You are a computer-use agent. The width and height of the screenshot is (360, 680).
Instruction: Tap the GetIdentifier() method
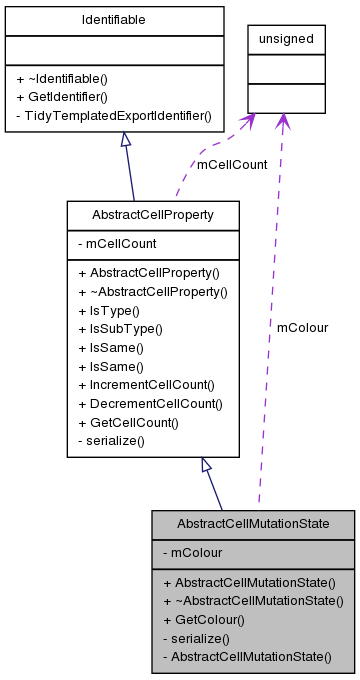click(x=64, y=96)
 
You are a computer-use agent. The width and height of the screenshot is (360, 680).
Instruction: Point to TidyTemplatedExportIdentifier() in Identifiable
click(x=114, y=115)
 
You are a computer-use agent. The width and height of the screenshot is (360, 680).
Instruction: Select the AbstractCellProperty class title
click(x=152, y=214)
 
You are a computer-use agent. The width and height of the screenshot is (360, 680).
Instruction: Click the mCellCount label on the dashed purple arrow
click(x=232, y=165)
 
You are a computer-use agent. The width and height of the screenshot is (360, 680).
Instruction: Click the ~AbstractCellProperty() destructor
click(x=153, y=291)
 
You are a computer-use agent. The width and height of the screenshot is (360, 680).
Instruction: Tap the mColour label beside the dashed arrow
click(x=302, y=327)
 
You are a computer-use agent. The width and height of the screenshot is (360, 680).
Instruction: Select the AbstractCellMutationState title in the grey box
click(x=253, y=524)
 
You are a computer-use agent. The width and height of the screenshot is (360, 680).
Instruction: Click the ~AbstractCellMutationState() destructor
click(x=253, y=600)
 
